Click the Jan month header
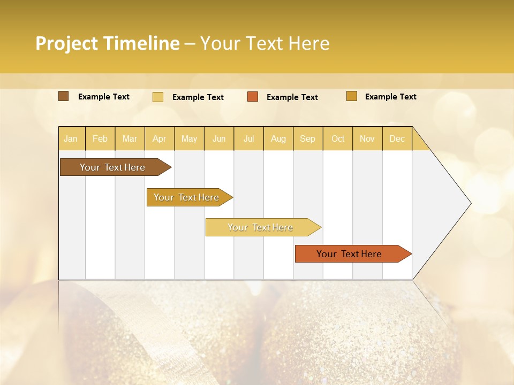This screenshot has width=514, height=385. click(x=71, y=138)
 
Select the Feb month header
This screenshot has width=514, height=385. click(x=100, y=138)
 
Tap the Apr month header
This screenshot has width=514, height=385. click(x=159, y=138)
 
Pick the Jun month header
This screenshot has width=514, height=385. click(x=219, y=138)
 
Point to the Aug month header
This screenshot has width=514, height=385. click(x=278, y=138)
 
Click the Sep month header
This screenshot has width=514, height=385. click(x=307, y=138)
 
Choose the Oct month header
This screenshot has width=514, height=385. click(x=338, y=138)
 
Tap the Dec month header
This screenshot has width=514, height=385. click(x=397, y=138)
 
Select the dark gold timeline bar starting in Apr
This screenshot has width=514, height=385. click(x=187, y=197)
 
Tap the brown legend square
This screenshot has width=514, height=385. click(x=64, y=96)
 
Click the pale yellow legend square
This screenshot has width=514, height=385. click(x=158, y=97)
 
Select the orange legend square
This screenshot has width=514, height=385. click(x=253, y=97)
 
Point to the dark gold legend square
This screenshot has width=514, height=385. click(x=352, y=96)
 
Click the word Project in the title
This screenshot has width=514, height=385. click(x=67, y=43)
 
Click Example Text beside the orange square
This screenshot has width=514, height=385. click(x=292, y=97)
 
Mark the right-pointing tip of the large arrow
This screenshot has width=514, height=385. click(x=470, y=203)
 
